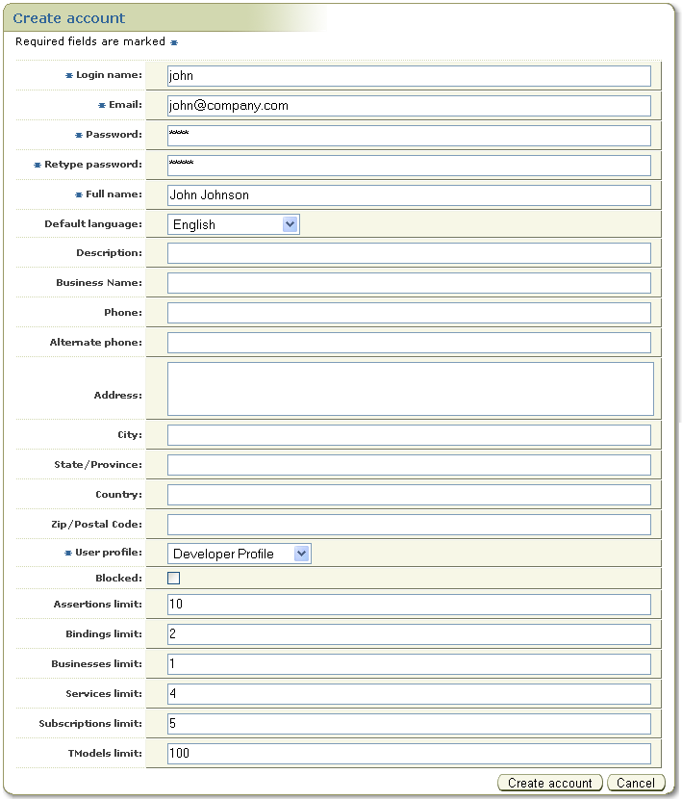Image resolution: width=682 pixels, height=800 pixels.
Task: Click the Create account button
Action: point(550,783)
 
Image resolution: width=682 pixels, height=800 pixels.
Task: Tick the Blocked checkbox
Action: point(174,579)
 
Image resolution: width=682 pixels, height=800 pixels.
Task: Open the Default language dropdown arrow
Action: point(290,224)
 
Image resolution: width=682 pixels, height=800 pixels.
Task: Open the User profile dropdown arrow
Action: point(302,554)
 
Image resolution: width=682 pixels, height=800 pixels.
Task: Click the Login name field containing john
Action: point(409,76)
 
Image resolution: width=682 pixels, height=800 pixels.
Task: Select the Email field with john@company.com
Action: point(409,106)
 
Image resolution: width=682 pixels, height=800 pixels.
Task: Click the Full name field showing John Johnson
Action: point(409,195)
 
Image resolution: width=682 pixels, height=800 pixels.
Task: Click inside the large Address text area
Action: point(410,389)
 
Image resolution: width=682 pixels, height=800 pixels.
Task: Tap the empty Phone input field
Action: point(409,313)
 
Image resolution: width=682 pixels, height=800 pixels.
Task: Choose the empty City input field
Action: point(409,435)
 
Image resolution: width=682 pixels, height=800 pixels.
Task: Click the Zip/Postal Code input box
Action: point(409,525)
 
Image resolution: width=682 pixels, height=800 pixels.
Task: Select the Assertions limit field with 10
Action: point(409,605)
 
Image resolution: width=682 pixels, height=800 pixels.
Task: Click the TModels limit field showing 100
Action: point(409,754)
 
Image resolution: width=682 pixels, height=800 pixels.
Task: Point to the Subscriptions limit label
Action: point(90,724)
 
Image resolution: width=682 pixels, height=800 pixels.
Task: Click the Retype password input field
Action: point(409,166)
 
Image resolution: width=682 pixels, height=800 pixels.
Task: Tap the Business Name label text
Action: point(99,283)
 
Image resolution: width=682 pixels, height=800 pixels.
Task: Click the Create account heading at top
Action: point(69,18)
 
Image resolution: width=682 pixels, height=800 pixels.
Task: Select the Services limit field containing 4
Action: point(409,694)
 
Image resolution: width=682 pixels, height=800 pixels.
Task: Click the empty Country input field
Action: point(409,495)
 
